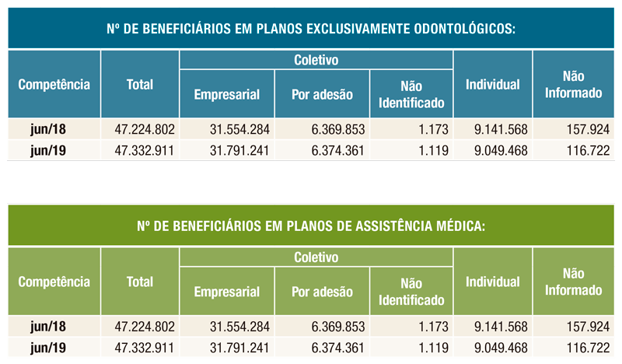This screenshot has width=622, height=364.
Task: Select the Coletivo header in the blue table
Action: click(316, 60)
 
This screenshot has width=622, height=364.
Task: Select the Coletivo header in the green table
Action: click(316, 257)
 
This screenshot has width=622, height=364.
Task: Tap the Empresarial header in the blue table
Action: click(226, 94)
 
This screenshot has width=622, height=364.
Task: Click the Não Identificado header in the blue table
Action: click(411, 94)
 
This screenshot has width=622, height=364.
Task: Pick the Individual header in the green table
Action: click(492, 281)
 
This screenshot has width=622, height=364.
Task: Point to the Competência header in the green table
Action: click(54, 281)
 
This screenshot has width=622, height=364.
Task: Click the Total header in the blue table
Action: click(140, 84)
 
